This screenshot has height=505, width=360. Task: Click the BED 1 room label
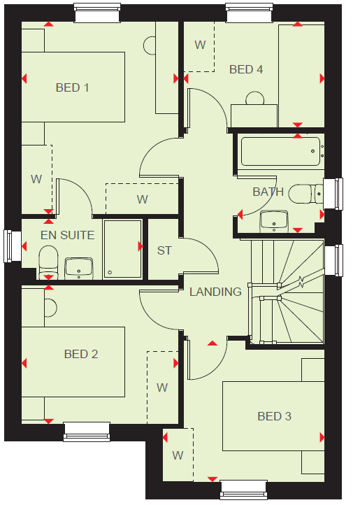click(x=73, y=87)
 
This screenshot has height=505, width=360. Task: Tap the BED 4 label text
click(x=246, y=69)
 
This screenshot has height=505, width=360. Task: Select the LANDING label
click(x=215, y=292)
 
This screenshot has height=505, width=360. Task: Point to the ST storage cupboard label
click(x=164, y=250)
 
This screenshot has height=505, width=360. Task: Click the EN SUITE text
click(x=68, y=235)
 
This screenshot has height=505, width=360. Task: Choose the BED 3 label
click(x=274, y=416)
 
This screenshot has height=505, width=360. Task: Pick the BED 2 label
click(x=81, y=354)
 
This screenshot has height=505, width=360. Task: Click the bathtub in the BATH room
click(x=281, y=151)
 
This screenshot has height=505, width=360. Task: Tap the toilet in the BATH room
click(x=306, y=194)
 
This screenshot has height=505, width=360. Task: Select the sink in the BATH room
click(x=274, y=221)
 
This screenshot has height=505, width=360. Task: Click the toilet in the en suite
click(x=48, y=262)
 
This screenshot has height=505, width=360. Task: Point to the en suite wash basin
click(x=79, y=268)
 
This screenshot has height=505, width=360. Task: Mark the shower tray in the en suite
click(x=122, y=249)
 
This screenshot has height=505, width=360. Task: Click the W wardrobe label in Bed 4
click(x=200, y=45)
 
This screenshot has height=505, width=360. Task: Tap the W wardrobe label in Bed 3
click(x=178, y=455)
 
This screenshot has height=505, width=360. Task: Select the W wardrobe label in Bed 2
click(x=162, y=387)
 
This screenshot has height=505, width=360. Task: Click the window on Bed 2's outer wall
click(x=87, y=432)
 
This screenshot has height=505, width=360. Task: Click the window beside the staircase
click(x=333, y=260)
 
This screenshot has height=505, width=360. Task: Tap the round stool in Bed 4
click(x=255, y=98)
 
